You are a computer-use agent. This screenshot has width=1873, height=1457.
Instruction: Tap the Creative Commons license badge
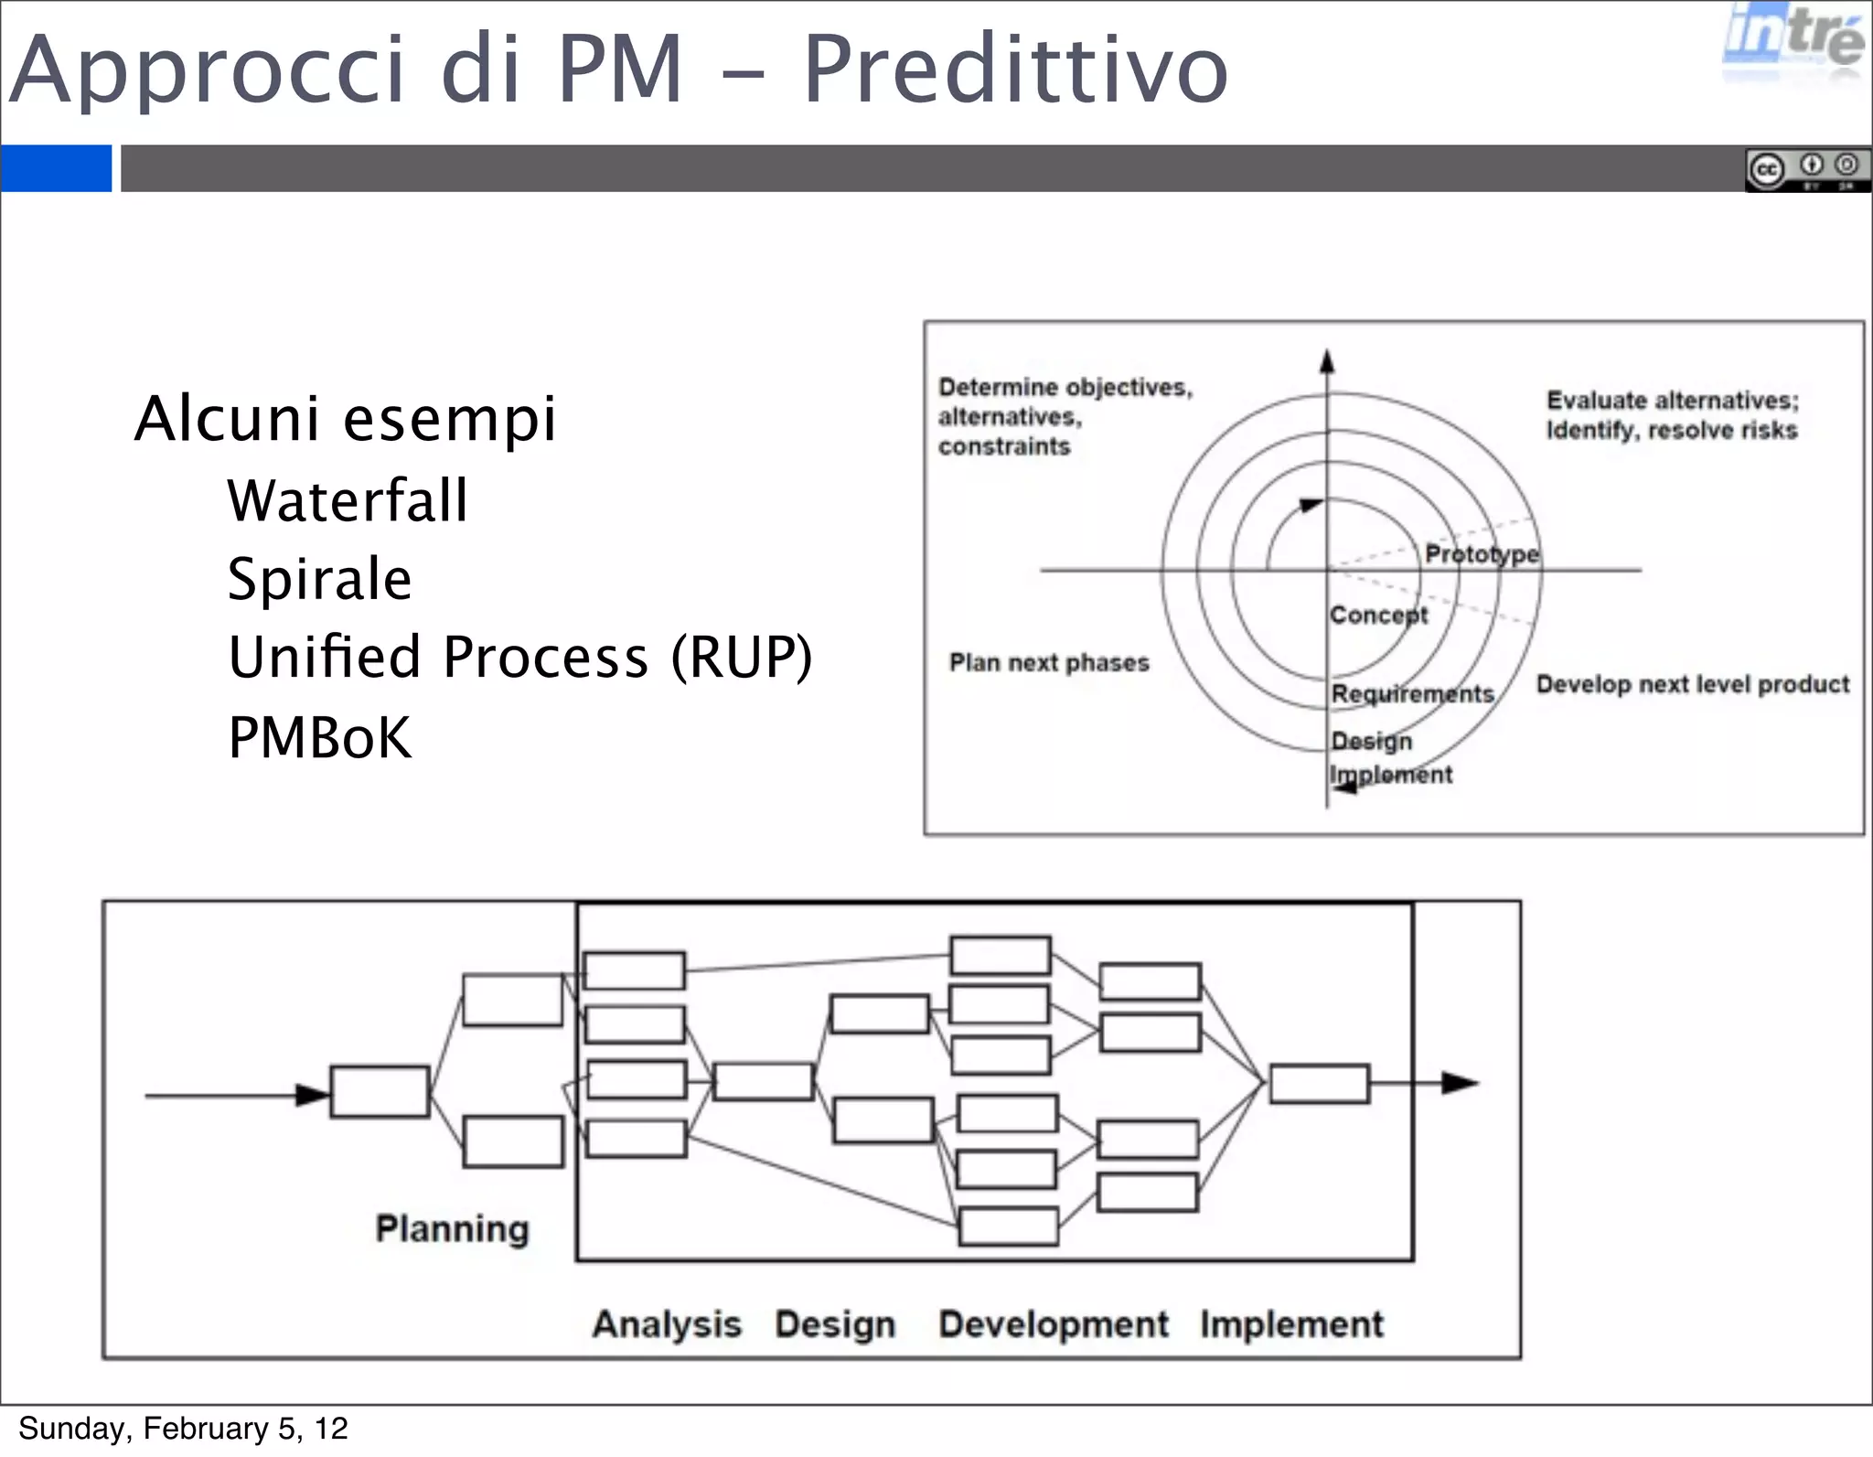tap(1806, 169)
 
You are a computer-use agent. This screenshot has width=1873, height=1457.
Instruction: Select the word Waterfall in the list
tap(348, 500)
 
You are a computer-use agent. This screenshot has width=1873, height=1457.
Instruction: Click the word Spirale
tap(320, 579)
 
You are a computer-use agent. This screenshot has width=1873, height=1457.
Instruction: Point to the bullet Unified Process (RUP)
tap(519, 658)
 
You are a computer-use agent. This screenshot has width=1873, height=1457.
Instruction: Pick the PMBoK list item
tap(320, 737)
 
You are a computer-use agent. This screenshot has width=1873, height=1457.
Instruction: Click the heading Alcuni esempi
tap(346, 419)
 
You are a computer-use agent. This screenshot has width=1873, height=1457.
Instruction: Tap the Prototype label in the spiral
tap(1482, 554)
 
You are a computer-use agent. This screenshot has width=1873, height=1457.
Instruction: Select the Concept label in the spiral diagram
tap(1378, 615)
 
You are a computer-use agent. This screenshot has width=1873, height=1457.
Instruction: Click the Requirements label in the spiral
tap(1412, 694)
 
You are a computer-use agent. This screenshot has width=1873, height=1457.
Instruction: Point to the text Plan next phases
tap(1049, 662)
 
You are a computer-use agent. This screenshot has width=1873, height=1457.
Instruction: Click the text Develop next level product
tap(1692, 684)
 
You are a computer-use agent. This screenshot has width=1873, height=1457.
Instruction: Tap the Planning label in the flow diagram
tap(453, 1228)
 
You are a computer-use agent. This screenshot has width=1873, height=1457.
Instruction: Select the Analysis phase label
tap(667, 1323)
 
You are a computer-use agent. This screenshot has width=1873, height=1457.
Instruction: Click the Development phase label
tap(1054, 1323)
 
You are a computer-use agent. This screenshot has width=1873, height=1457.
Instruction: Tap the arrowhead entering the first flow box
tap(313, 1095)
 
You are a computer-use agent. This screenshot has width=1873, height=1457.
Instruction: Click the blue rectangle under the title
tap(56, 168)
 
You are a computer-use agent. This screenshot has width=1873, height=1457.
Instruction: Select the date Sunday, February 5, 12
tap(183, 1429)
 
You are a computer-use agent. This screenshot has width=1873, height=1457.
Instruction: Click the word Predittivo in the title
tap(1015, 70)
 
